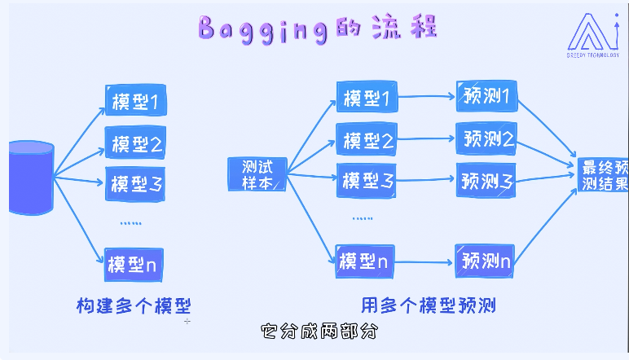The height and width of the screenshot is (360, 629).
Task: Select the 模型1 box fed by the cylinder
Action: click(x=135, y=100)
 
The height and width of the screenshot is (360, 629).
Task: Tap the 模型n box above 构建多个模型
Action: click(x=135, y=263)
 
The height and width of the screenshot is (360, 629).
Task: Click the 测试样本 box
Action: click(x=257, y=173)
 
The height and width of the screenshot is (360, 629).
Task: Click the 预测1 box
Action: click(x=486, y=97)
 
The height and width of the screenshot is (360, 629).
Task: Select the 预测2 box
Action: click(x=486, y=138)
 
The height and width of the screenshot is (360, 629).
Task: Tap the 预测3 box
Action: click(x=486, y=179)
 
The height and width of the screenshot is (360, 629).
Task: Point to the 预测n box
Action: click(x=485, y=261)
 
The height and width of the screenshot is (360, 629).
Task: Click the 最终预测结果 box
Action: click(x=602, y=175)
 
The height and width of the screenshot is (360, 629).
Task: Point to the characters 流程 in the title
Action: click(x=404, y=29)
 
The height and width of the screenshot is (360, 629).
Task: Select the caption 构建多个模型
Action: click(x=134, y=306)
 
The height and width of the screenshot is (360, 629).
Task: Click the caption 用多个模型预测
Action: click(x=429, y=306)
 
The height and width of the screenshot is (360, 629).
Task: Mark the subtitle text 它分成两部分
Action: click(x=320, y=332)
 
